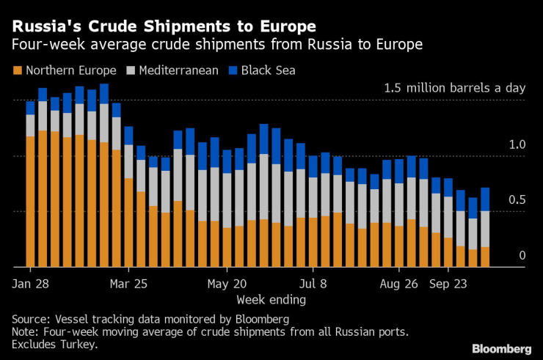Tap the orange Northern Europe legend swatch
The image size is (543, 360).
coord(17,71)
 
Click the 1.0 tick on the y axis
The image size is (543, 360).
coord(517,145)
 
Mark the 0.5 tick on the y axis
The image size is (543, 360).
coord(517,200)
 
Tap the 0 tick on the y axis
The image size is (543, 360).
coord(522,255)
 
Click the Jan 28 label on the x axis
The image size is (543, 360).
coord(31,282)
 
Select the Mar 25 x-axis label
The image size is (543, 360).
coord(129,282)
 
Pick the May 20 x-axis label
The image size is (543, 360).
coord(227,282)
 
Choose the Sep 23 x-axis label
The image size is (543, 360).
coord(448,282)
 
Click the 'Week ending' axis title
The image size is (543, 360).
coord(271,299)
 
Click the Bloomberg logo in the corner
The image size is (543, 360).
coord(501,348)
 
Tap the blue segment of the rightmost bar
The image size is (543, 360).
coord(485,199)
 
